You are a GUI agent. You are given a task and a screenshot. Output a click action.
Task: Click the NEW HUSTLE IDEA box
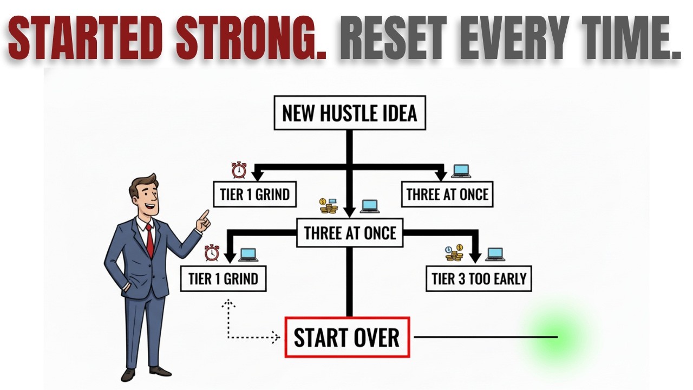click(350, 113)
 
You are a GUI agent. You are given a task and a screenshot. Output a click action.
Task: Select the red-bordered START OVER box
click(347, 337)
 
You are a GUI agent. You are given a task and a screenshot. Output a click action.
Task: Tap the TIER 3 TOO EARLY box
click(479, 279)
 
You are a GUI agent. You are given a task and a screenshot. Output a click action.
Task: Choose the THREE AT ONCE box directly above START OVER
click(350, 233)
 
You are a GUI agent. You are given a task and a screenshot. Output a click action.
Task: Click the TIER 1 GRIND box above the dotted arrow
click(223, 279)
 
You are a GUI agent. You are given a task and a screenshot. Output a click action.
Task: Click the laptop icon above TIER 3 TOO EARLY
click(495, 254)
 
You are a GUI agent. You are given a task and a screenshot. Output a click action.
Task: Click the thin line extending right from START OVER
click(485, 337)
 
